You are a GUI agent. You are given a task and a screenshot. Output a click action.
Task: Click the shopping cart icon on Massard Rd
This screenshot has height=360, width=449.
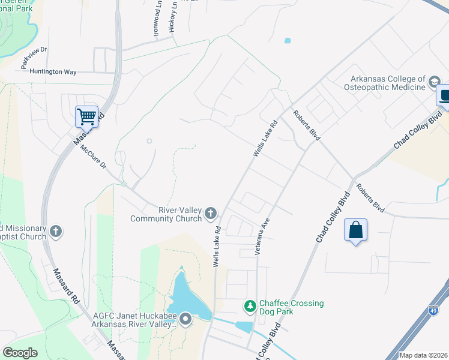point(87,116)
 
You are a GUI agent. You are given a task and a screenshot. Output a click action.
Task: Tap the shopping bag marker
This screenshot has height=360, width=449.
point(355,229)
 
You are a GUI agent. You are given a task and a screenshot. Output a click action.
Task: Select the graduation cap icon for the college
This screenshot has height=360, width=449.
point(433,82)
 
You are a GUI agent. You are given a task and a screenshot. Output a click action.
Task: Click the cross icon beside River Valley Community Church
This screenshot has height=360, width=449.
point(211,213)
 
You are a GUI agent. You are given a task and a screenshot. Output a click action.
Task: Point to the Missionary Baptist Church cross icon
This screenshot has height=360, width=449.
point(56,231)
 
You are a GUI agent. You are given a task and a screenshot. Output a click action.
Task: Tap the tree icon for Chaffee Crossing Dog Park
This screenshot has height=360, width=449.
point(250,307)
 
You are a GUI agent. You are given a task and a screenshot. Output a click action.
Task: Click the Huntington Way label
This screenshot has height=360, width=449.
point(53,72)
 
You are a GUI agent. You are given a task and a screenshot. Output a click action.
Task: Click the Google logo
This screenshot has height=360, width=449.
point(20,353)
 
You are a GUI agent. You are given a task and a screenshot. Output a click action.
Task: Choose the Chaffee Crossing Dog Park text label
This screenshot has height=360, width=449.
point(291,307)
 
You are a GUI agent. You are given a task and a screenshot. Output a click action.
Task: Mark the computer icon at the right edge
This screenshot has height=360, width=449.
point(445,96)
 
